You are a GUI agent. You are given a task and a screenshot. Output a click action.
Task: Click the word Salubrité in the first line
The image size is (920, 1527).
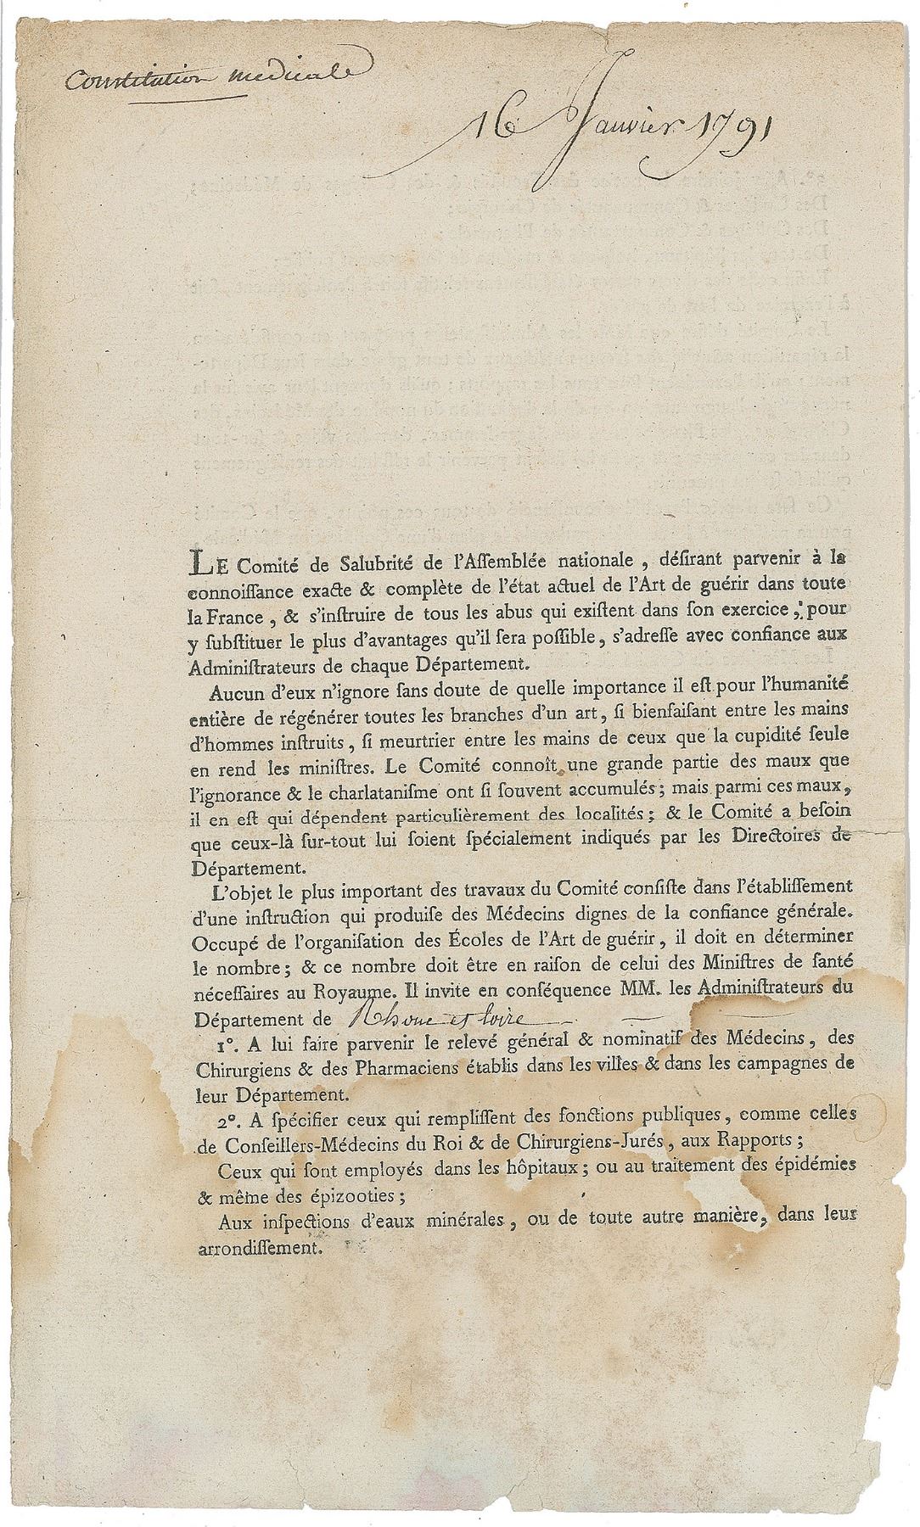coord(347,561)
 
